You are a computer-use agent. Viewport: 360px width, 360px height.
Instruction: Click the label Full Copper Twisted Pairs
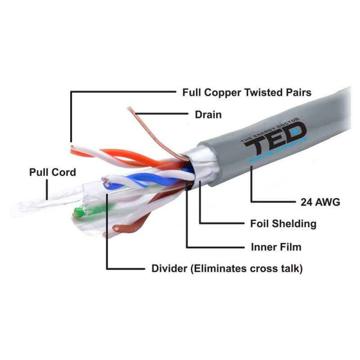pyautogui.click(x=247, y=93)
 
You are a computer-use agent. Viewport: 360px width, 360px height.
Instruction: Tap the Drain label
pyautogui.click(x=208, y=114)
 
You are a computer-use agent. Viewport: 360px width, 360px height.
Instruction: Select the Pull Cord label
pyautogui.click(x=53, y=172)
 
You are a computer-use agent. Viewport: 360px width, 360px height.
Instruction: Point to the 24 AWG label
pyautogui.click(x=320, y=202)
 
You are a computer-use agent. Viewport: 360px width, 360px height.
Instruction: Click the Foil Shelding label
pyautogui.click(x=283, y=224)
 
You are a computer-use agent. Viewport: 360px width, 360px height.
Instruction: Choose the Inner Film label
pyautogui.click(x=276, y=247)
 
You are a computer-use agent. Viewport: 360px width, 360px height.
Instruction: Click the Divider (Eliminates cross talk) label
pyautogui.click(x=227, y=269)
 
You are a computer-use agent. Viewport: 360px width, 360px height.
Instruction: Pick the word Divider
pyautogui.click(x=169, y=269)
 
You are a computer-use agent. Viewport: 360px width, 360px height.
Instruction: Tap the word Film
pyautogui.click(x=291, y=247)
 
